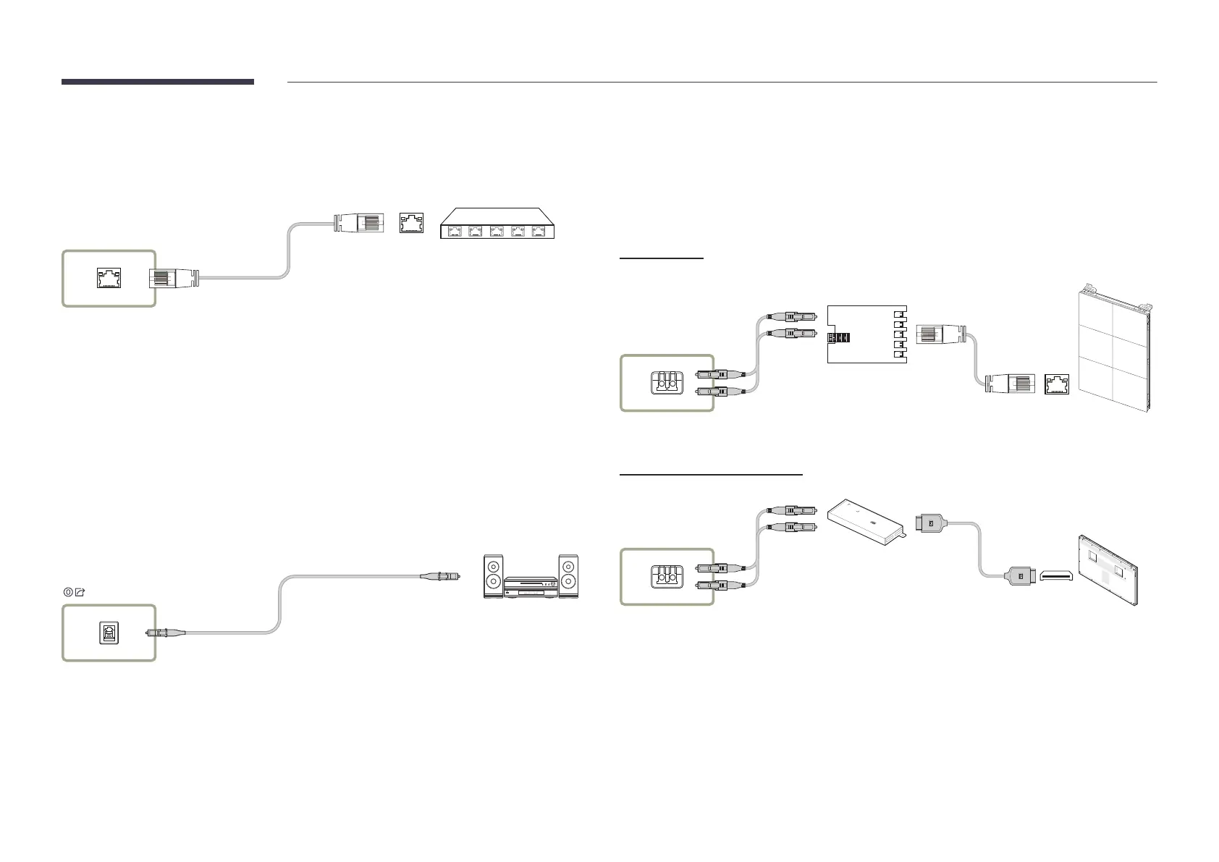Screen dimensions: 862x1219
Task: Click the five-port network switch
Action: [497, 224]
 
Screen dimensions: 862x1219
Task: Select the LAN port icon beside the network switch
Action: [412, 223]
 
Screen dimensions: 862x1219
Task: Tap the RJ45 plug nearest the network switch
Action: [358, 223]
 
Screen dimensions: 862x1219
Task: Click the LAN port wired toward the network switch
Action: [109, 278]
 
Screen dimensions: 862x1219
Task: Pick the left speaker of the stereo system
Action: [493, 576]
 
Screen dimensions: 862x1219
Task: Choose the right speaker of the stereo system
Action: [568, 576]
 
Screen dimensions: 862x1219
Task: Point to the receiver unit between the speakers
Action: [531, 587]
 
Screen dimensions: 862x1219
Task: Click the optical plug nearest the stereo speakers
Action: [441, 576]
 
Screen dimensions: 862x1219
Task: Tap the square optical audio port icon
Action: [109, 633]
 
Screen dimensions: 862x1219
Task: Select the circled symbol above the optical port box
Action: [68, 591]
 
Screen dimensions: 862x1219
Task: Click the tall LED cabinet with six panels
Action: [1113, 351]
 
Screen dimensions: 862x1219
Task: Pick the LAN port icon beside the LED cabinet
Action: [1057, 384]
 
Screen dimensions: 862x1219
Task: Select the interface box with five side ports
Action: [866, 334]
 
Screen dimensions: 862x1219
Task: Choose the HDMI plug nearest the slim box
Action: [932, 521]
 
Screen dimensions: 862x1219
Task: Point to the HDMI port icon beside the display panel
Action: [1056, 576]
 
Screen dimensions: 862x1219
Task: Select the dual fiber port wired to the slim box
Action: [667, 576]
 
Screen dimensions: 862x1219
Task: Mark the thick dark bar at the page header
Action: [158, 82]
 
